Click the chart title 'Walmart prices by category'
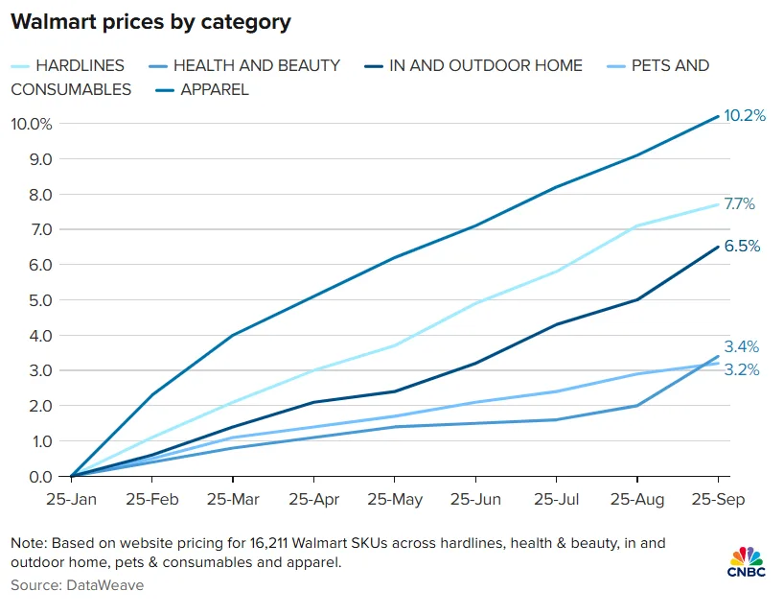[x=150, y=22]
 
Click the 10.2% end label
[x=745, y=116]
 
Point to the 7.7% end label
[x=740, y=204]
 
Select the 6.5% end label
[x=742, y=247]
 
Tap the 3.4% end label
[x=742, y=347]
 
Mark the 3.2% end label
[x=741, y=370]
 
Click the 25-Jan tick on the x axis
[x=71, y=501]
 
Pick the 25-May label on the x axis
[x=394, y=501]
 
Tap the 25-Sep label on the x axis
[x=718, y=501]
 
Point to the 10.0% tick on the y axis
[x=32, y=124]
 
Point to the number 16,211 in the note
[x=258, y=543]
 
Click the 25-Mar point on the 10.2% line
[x=233, y=335]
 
